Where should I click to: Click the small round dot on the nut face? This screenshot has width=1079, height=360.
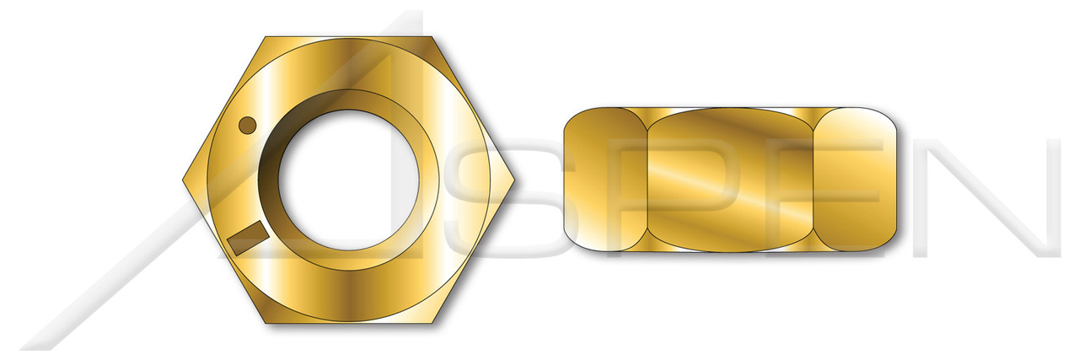[x=247, y=126]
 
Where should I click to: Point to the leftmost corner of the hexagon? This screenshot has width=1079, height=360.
[x=184, y=180]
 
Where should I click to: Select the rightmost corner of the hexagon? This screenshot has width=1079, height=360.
[x=518, y=180]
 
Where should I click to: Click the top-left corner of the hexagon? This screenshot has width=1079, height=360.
[x=266, y=37]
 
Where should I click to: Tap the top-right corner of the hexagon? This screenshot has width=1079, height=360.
[x=434, y=37]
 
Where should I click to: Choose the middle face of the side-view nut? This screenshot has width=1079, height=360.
[x=731, y=180]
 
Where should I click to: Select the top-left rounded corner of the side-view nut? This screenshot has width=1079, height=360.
[x=572, y=117]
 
